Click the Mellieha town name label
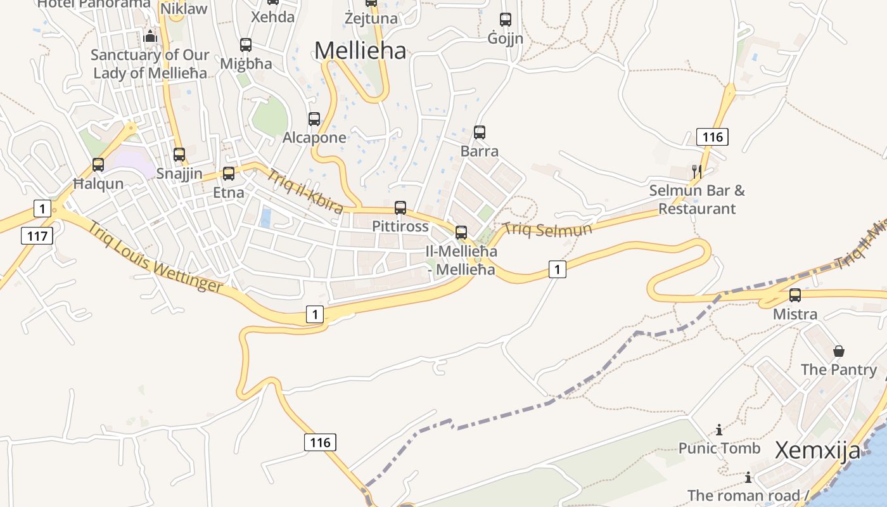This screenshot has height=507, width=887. coord(360,51)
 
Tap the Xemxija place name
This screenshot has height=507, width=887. coord(817,451)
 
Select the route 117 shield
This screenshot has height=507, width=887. coord(37,236)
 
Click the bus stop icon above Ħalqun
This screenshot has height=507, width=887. coord(98,165)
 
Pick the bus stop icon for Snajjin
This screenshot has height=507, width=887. coord(179,155)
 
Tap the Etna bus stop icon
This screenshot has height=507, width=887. coord(229,174)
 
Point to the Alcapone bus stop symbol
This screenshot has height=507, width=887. coord(314,119)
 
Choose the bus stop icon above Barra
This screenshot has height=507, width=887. coord(480,132)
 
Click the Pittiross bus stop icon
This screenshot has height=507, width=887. coord(400,208)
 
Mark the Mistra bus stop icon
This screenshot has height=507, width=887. coord(795,295)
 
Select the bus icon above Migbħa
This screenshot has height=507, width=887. coord(246,45)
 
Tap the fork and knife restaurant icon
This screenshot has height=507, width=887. coord(696,171)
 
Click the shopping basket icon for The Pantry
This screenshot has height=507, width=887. coord(839,351)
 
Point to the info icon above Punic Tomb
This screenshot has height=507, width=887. coord(719,430)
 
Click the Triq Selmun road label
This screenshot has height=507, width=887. coord(547,229)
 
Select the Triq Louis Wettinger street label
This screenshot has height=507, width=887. coord(155,257)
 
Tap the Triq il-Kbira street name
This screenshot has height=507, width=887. coord(305,192)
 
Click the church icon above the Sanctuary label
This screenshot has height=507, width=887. coord(150,36)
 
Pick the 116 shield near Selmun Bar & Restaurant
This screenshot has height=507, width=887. coord(712,137)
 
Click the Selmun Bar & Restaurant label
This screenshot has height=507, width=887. coord(697,200)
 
